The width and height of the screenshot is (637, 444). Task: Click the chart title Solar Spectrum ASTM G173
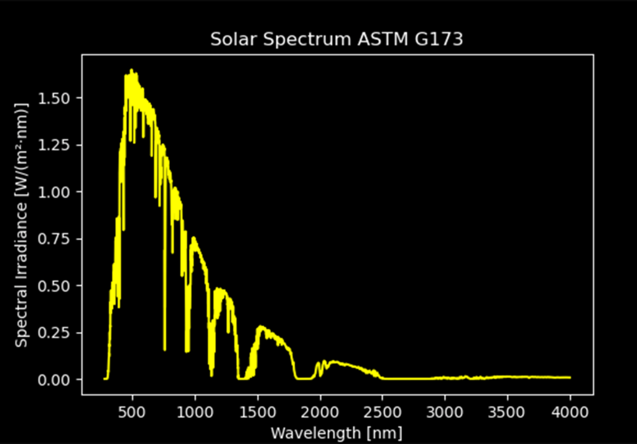click(x=337, y=40)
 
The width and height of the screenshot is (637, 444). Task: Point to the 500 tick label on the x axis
click(x=133, y=412)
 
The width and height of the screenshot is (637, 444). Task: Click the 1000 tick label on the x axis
click(x=195, y=412)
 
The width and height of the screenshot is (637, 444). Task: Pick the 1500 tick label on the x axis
click(x=258, y=412)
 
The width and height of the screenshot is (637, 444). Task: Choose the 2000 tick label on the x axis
click(x=320, y=412)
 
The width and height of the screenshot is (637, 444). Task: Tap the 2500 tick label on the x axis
click(x=383, y=412)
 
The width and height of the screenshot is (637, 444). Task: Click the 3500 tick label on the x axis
click(x=508, y=412)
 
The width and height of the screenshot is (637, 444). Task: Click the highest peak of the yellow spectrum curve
click(x=131, y=70)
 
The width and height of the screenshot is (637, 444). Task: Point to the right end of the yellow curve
click(x=570, y=377)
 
